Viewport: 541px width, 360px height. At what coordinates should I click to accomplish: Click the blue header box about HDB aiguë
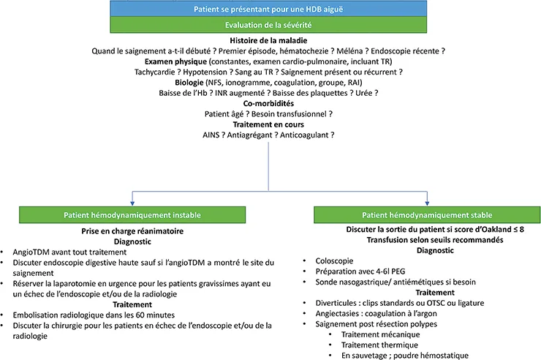point(270,10)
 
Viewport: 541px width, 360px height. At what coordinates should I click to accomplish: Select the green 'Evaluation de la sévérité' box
point(270,25)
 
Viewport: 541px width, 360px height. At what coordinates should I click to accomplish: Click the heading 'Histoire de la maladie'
point(269,40)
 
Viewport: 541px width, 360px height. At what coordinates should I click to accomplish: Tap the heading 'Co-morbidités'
point(270,105)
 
